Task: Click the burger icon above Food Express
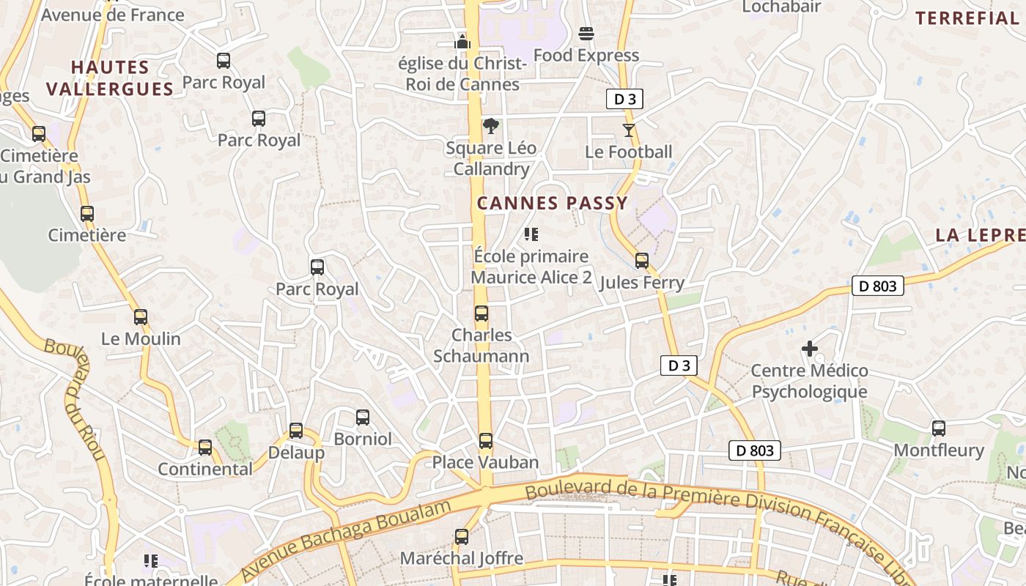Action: pos(586,33)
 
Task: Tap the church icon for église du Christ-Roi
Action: pos(462,41)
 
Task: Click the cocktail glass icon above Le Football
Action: pos(628,130)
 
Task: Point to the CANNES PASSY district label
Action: pos(553,204)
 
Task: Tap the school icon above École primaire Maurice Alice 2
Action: pos(531,234)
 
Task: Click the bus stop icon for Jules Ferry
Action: pos(642,261)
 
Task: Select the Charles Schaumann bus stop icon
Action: pos(481,314)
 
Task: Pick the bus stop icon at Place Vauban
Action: pos(485,441)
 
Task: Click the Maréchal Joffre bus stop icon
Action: pos(462,537)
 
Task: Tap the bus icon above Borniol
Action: pos(363,418)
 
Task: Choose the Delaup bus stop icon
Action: pos(296,431)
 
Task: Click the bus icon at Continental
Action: pos(205,447)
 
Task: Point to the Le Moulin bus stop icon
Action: pos(141,317)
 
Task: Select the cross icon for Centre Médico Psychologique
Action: pos(810,349)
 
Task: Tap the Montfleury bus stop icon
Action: pos(939,429)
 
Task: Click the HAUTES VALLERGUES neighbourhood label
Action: pos(110,78)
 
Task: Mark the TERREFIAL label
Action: pos(967,18)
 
